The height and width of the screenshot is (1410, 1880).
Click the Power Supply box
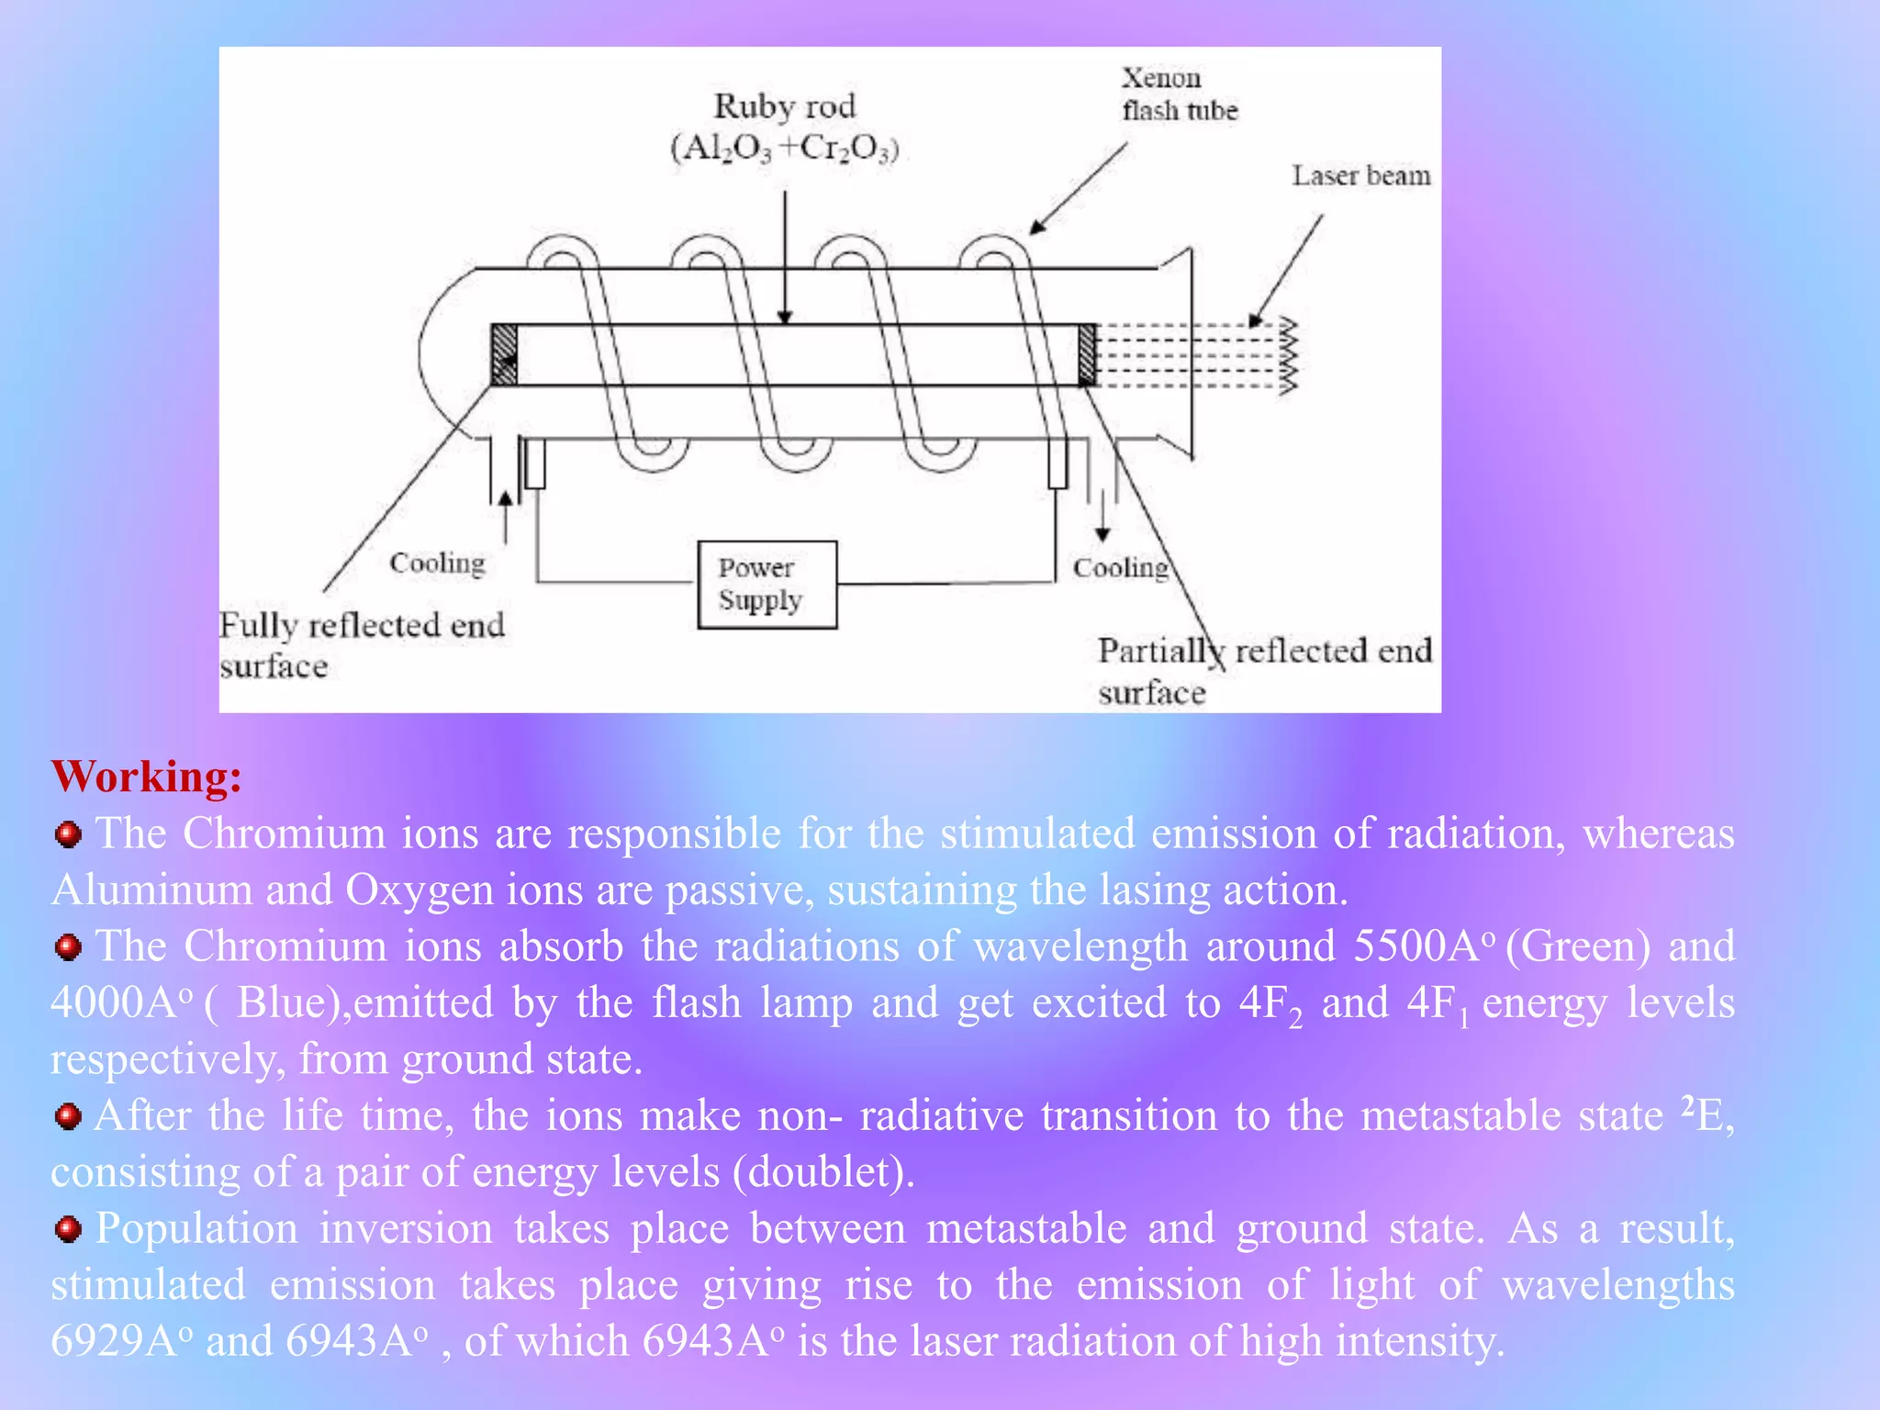(767, 585)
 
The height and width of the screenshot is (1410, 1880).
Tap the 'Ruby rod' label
(784, 106)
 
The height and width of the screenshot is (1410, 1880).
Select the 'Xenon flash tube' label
(1179, 95)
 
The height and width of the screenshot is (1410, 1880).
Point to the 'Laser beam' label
(1360, 175)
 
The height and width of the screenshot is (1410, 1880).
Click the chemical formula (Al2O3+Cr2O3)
(784, 148)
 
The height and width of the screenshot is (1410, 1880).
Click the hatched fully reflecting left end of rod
(504, 354)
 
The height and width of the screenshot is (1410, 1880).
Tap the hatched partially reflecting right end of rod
(1087, 354)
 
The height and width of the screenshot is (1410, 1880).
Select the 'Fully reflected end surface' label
(362, 644)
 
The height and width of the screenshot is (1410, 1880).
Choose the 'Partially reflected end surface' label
(1264, 671)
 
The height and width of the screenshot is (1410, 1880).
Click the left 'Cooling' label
(437, 563)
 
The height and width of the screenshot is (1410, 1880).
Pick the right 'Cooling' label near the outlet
(1121, 568)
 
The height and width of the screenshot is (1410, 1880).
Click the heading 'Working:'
(147, 777)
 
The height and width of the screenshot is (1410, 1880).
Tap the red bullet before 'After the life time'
(68, 1117)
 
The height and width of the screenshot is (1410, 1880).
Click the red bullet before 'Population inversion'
(68, 1229)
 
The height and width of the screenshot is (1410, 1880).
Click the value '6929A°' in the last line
(122, 1341)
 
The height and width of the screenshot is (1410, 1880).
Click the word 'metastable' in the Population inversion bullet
(1026, 1229)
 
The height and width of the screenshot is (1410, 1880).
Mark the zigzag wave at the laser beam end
(1288, 355)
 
